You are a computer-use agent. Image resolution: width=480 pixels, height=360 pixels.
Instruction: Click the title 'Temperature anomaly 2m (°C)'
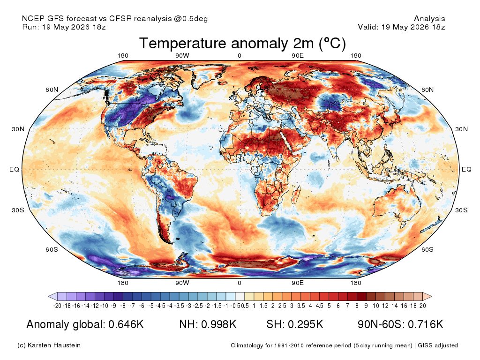[242, 43]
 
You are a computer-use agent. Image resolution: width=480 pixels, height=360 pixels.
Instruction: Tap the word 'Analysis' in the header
[429, 19]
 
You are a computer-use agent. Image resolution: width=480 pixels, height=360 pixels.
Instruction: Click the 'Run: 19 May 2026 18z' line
[64, 27]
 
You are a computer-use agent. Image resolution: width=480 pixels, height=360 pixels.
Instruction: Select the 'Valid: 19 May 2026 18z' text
[401, 27]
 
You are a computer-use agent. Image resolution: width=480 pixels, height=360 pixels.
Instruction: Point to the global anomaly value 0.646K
[126, 324]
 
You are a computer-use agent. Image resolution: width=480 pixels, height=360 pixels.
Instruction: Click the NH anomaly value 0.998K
[219, 324]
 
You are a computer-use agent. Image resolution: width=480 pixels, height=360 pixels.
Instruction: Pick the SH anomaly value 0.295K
[306, 324]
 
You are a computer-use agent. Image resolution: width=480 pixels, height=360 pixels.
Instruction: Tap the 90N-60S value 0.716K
[426, 324]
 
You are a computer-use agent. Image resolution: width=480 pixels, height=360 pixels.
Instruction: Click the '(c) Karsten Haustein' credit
[49, 345]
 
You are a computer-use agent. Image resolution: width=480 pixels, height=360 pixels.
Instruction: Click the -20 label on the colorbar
[57, 306]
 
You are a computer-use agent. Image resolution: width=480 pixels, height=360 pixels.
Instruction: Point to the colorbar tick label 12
[385, 306]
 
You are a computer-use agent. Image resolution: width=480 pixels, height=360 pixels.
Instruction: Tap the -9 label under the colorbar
[113, 306]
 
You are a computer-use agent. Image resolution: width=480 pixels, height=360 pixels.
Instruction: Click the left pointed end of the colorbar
[48, 296]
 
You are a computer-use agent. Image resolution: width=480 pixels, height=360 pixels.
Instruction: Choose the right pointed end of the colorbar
[432, 296]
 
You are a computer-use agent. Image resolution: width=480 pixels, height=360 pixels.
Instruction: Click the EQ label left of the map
[15, 169]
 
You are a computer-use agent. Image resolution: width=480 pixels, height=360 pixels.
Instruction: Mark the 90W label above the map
[182, 55]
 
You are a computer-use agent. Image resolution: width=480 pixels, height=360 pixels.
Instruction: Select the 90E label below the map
[297, 283]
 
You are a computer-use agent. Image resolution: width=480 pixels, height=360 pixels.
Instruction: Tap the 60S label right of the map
[427, 249]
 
